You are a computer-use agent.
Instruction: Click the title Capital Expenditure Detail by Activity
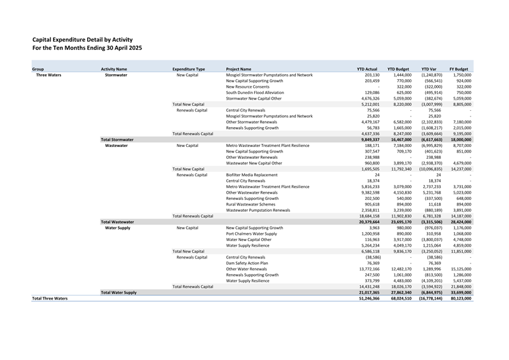[82, 39]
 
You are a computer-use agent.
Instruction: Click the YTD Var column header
[429, 69]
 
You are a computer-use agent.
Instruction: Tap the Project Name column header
[239, 69]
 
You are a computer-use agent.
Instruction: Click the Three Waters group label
[48, 75]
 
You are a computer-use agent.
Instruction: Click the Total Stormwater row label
[117, 140]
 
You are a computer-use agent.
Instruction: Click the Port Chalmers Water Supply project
[251, 234]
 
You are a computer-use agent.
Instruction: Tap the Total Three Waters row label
[50, 298]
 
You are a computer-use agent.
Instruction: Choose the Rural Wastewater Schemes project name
[250, 204]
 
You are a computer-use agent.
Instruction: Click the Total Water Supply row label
[118, 292]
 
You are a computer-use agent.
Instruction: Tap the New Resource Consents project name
[247, 87]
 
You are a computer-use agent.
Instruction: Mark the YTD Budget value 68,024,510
[397, 298]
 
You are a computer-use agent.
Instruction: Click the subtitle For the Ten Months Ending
[87, 48]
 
